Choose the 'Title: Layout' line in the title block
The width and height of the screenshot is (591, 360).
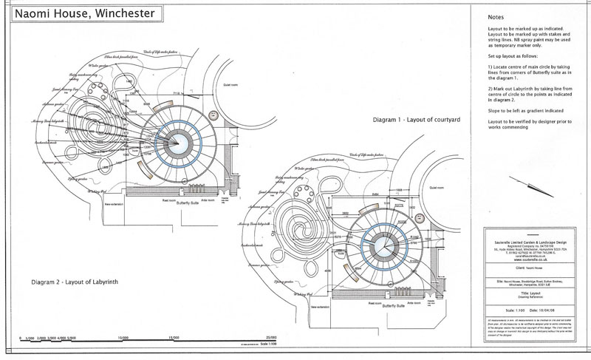tap(521, 292)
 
